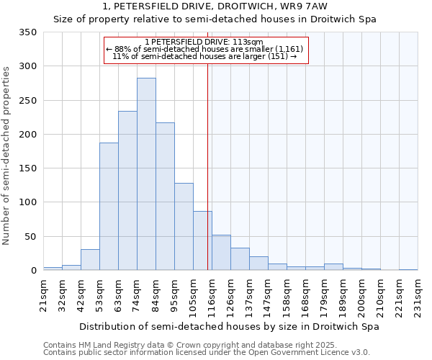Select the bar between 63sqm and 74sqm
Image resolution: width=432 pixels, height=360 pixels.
tap(127, 191)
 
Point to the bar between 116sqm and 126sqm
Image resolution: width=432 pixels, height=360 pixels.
tap(221, 253)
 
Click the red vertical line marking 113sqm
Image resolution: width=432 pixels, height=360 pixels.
tap(208, 158)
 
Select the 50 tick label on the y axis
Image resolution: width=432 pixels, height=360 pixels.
tap(30, 236)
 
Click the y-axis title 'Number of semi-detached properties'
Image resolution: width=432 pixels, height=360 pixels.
tap(7, 155)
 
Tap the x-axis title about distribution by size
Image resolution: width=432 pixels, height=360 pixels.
tap(229, 326)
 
